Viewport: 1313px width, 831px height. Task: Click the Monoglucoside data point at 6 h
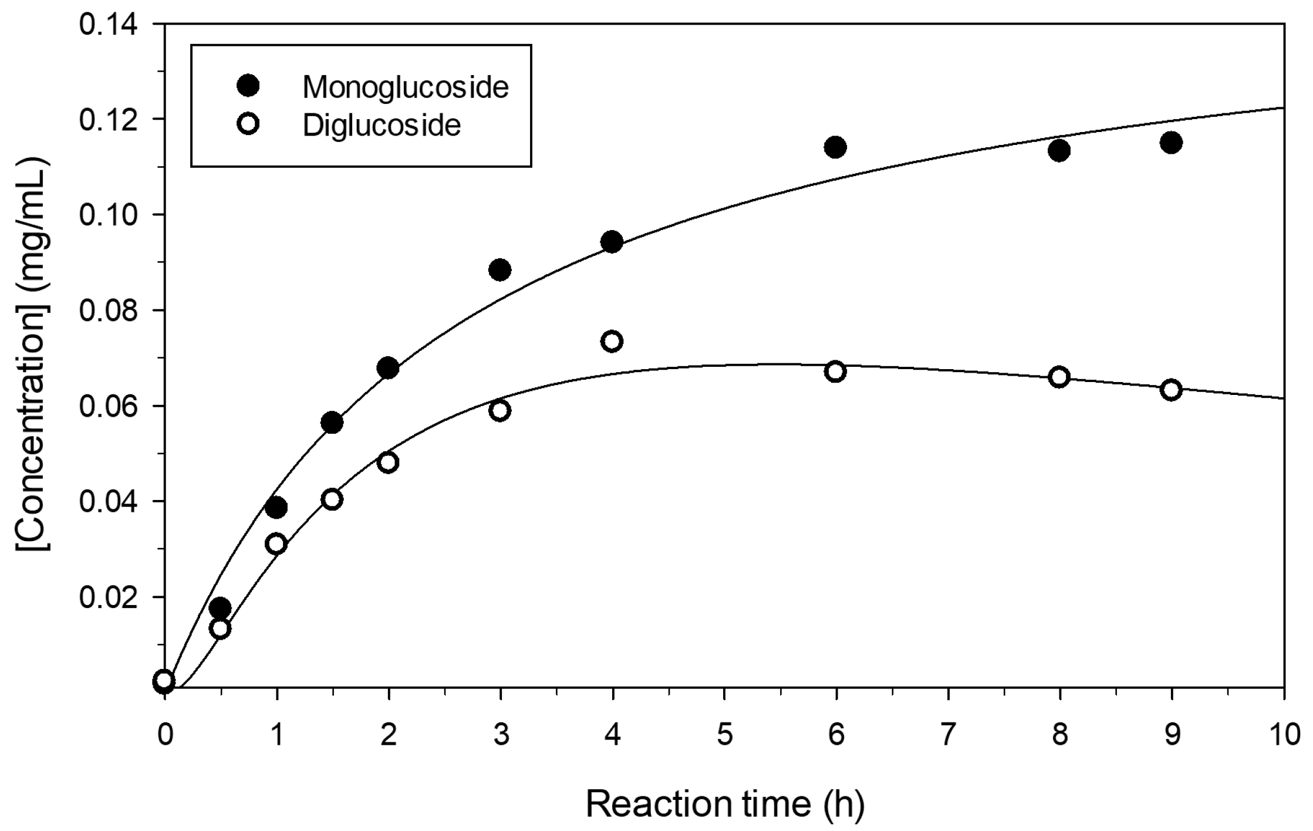[835, 147]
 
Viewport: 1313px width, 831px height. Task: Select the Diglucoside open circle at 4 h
[612, 342]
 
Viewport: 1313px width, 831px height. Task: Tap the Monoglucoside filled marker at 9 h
[1171, 143]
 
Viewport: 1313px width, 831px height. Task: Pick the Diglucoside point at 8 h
[1059, 377]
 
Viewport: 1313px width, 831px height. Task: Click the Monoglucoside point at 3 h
[499, 270]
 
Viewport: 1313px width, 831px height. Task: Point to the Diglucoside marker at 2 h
[388, 462]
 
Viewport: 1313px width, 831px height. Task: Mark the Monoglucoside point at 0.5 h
[220, 608]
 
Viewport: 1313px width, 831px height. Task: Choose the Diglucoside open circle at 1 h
[276, 544]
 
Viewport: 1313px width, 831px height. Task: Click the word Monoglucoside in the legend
[405, 87]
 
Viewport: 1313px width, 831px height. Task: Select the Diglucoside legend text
[382, 125]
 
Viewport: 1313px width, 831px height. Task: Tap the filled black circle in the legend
[248, 86]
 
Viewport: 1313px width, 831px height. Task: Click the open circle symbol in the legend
[248, 124]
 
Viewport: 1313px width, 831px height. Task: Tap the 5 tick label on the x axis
[724, 735]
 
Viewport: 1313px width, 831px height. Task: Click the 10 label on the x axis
[1283, 735]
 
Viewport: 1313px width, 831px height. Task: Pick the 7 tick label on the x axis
[947, 735]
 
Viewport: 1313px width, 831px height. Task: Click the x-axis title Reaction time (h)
[724, 804]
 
